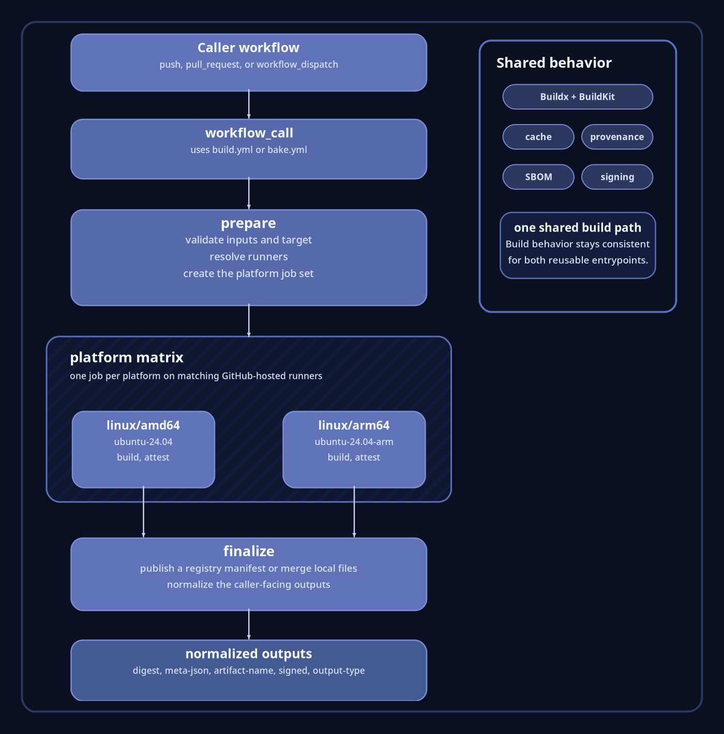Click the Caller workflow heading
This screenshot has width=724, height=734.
tap(248, 48)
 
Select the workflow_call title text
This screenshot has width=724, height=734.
tap(249, 133)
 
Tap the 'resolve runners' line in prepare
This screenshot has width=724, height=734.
tap(248, 257)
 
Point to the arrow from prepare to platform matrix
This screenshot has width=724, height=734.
tap(249, 321)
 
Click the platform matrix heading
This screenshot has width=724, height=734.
tap(127, 357)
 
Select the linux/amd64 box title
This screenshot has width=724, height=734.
tap(143, 425)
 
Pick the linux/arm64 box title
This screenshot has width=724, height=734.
tap(354, 425)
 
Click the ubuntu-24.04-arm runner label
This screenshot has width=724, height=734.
tap(354, 442)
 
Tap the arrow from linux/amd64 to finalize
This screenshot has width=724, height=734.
tap(143, 512)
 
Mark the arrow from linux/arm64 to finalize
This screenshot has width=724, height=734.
tap(354, 512)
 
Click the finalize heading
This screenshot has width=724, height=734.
tap(249, 551)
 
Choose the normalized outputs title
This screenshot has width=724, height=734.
tap(249, 654)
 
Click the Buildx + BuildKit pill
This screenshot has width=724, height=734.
tap(578, 97)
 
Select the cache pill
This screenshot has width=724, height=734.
tap(538, 137)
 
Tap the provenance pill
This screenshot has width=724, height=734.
tap(617, 137)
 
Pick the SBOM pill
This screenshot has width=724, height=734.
tap(538, 177)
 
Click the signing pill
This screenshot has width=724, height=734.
tap(617, 177)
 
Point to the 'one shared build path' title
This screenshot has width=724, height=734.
tap(578, 227)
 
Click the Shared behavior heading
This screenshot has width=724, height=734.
tap(554, 63)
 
